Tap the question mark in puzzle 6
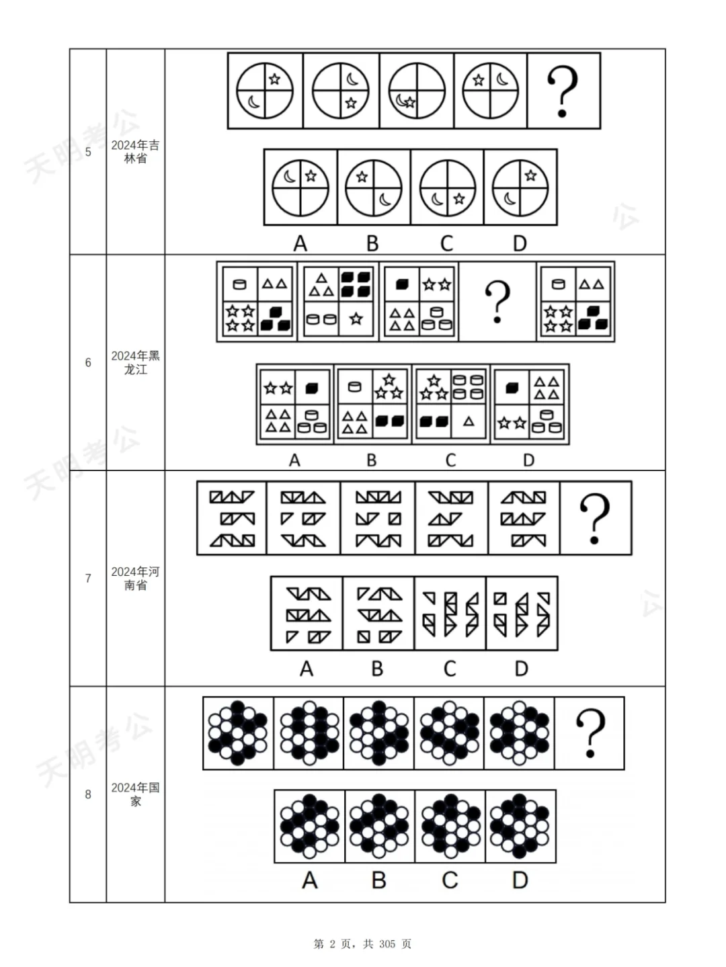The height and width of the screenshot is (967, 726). point(497,302)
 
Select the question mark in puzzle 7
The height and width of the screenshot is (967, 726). point(594,518)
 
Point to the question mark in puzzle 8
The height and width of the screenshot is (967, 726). point(590,733)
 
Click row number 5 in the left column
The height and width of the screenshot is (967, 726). point(88,152)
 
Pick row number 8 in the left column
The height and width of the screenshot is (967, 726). point(88,794)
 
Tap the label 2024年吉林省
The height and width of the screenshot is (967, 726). point(135,152)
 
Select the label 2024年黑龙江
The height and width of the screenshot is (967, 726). point(135,363)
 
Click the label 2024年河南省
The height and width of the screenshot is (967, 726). point(135,579)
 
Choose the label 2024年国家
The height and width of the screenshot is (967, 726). point(135,794)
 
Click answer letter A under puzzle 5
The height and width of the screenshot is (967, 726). point(300,243)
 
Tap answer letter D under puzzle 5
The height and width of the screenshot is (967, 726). point(520,243)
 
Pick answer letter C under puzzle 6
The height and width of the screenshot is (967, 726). point(450,460)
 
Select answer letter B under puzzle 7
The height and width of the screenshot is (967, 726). point(377,669)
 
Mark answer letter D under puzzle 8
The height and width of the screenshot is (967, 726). point(520,880)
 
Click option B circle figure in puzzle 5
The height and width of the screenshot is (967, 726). point(373,187)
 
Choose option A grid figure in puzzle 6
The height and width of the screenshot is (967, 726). point(295,405)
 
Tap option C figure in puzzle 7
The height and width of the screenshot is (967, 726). point(450,614)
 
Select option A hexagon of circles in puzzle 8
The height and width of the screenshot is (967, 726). point(309,827)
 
